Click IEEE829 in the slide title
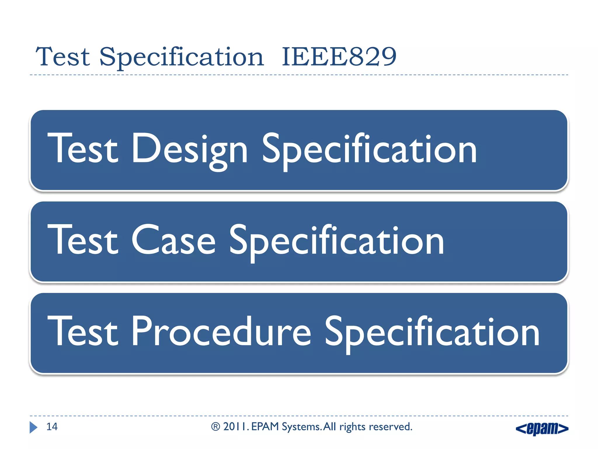339,57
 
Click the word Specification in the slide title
181,57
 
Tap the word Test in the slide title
62,57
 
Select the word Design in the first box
190,150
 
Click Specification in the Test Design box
369,150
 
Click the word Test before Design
83,148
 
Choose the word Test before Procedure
83,331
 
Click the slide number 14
52,427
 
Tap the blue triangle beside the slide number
33,427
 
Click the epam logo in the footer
542,429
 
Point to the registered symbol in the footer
215,427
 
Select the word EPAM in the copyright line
265,427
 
